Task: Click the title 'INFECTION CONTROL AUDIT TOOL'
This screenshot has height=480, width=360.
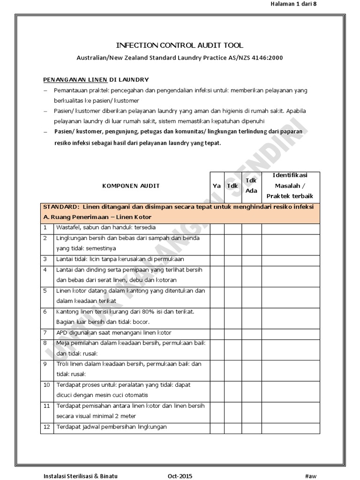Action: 180,45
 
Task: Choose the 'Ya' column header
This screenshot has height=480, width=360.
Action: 217,186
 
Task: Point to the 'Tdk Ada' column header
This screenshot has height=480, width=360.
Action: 252,186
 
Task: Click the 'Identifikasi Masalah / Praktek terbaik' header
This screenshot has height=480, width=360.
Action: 291,186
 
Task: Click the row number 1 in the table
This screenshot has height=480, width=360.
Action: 45,227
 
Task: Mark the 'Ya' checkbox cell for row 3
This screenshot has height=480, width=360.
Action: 217,259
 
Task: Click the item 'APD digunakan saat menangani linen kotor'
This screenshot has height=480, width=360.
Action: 113,333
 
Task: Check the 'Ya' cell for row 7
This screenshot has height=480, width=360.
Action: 217,333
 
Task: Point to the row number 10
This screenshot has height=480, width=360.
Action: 46,385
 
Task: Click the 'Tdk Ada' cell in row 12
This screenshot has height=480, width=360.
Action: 252,427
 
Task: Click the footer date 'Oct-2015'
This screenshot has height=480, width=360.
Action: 180,476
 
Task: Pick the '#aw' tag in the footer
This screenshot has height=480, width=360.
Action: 311,476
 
